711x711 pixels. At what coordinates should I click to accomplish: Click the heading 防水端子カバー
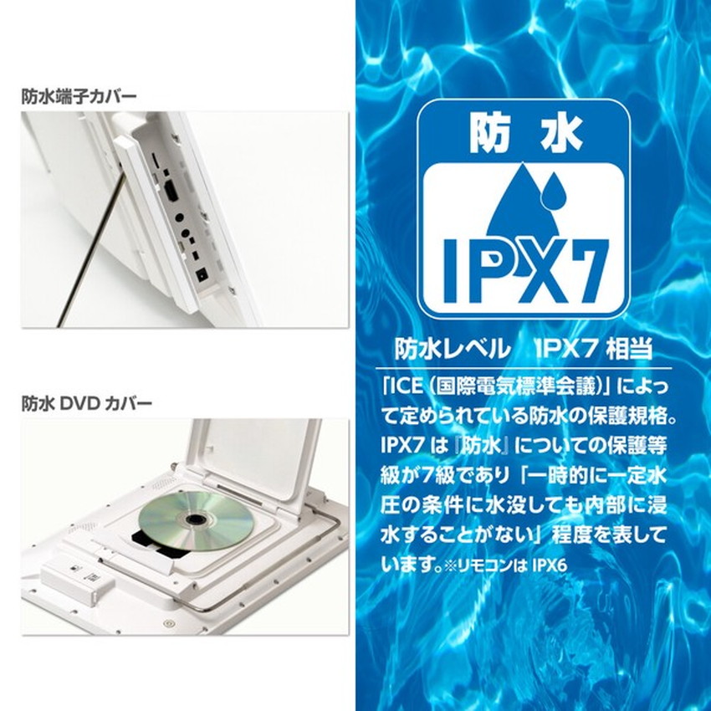tap(79, 96)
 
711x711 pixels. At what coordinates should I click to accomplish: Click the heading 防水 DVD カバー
tap(87, 404)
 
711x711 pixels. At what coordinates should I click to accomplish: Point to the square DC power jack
tap(201, 273)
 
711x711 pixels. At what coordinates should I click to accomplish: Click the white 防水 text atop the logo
tap(525, 135)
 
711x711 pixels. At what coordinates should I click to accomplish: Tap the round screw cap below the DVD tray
tap(170, 624)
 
